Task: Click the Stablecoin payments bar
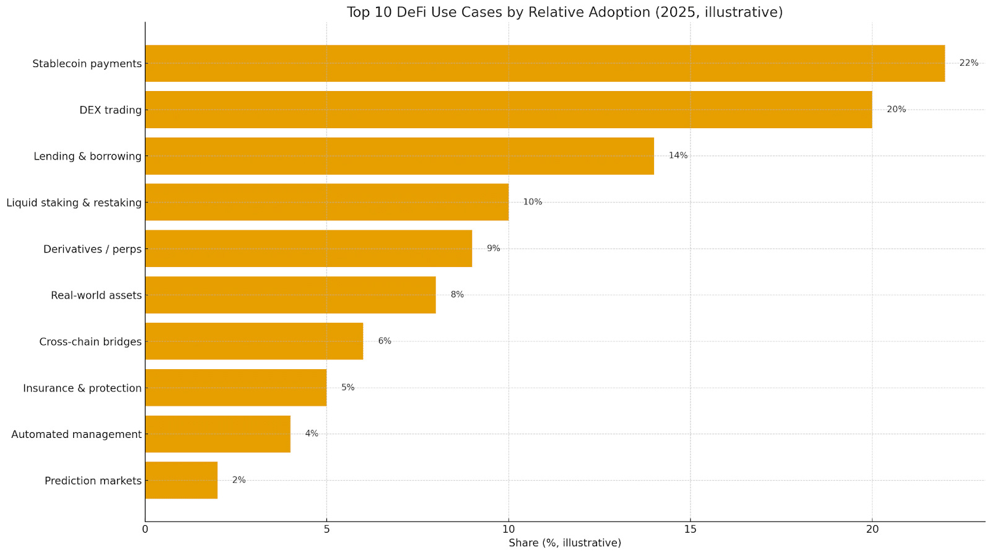click(x=545, y=63)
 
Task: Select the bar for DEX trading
click(x=508, y=110)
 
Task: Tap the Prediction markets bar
click(x=181, y=480)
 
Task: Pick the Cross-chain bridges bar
click(x=254, y=341)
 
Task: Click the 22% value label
click(x=969, y=63)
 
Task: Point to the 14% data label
click(x=678, y=155)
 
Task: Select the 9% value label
click(x=493, y=248)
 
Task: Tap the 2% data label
click(x=238, y=480)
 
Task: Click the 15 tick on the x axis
click(x=690, y=529)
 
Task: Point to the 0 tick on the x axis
click(x=145, y=529)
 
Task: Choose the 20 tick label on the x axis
click(x=872, y=529)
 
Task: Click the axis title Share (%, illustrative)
click(x=564, y=543)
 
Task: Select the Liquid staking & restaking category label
click(x=74, y=203)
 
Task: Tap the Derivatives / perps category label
click(x=92, y=249)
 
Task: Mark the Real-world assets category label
click(x=96, y=295)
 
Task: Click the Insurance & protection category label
click(x=82, y=388)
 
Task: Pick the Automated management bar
click(x=217, y=434)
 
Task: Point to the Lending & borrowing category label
click(x=87, y=156)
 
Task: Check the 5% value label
click(x=347, y=388)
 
